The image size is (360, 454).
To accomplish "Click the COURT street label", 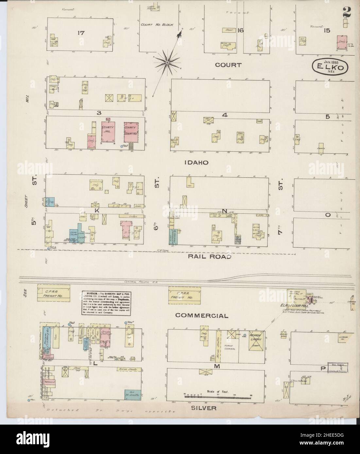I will point(228,65).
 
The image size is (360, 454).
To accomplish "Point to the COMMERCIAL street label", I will point(201,316).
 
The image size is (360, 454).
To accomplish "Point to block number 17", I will point(81,33).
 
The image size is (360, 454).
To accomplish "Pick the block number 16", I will point(241,30).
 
